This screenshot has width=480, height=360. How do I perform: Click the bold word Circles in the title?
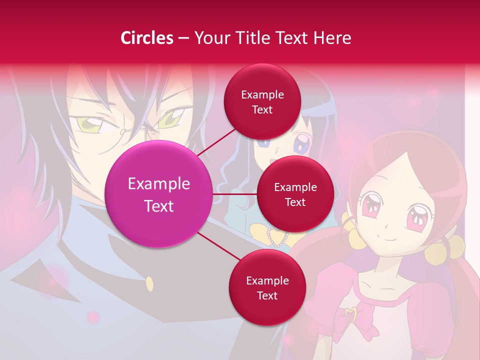click(x=147, y=38)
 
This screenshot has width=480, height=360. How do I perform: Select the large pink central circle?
click(x=159, y=194)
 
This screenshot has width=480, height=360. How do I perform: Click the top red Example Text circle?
click(x=262, y=102)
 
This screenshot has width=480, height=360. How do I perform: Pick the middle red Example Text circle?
click(x=295, y=194)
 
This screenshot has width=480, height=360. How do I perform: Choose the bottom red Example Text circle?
click(x=267, y=288)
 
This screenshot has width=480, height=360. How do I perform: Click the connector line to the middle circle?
click(x=235, y=194)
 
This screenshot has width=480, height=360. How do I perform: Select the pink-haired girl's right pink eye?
click(x=417, y=217)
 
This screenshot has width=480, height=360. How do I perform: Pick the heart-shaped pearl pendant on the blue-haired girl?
click(x=275, y=237)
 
